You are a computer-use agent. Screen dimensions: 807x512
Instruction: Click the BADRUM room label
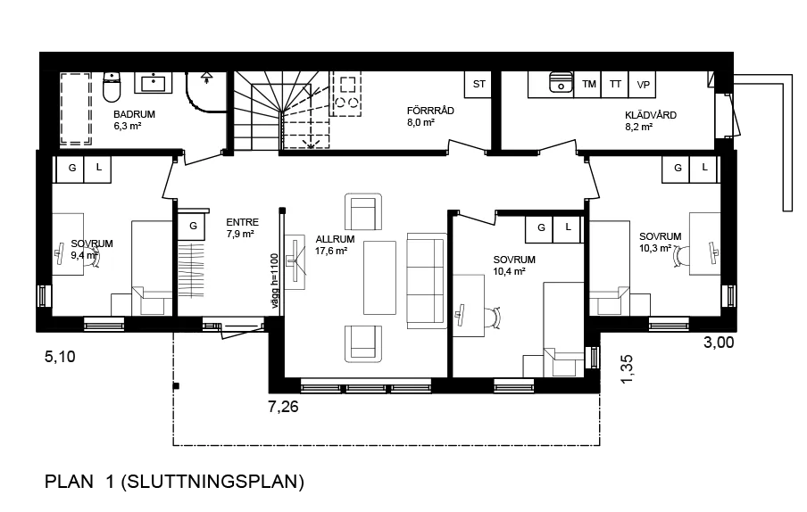pos(134,115)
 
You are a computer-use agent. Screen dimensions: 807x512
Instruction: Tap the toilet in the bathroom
pos(112,87)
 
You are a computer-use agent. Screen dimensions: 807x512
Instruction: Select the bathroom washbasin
pos(154,83)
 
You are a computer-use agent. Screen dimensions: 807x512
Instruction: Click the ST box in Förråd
pos(479,84)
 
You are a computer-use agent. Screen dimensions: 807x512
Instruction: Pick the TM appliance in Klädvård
pos(589,85)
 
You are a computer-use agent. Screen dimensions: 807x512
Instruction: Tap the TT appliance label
pos(615,84)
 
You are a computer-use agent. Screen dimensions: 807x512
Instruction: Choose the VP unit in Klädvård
pos(643,85)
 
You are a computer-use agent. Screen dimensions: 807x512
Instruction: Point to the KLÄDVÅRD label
pos(651,115)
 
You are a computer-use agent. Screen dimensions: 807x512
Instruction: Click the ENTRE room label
pos(243,222)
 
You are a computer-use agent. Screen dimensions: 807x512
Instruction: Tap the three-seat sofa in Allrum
pos(427,281)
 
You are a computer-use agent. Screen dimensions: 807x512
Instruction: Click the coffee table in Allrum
pos(379,277)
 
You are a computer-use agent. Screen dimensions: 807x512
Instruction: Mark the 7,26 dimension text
pos(283,407)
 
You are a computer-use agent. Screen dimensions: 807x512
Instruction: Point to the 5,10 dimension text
pos(60,356)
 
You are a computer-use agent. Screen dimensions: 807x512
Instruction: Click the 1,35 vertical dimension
pos(627,369)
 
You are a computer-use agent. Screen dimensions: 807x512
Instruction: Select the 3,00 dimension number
pos(719,343)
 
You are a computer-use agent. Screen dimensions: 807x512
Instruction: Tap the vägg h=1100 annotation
pos(274,281)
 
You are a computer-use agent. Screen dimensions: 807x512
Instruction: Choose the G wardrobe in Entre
pos(192,226)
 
